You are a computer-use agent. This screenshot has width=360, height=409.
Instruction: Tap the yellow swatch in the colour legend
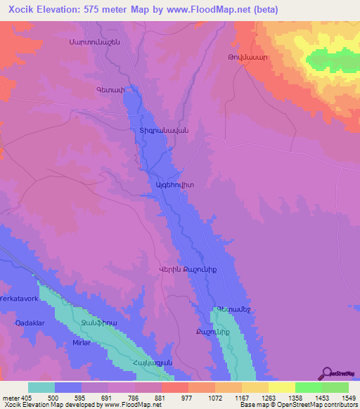[282, 387]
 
